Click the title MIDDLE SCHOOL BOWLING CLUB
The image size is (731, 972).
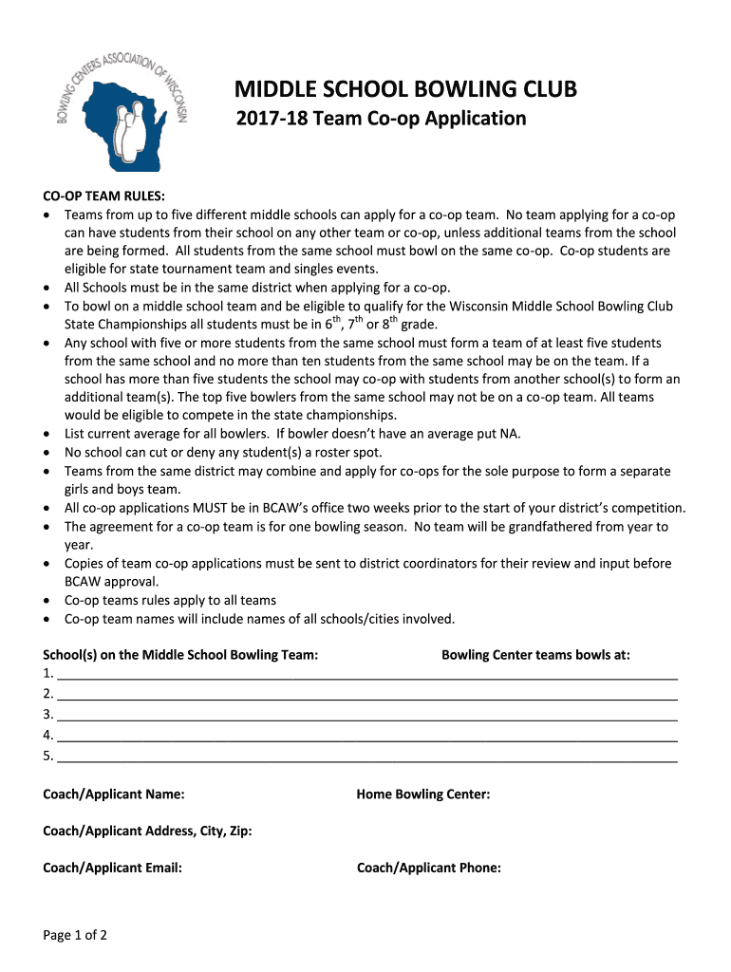click(405, 90)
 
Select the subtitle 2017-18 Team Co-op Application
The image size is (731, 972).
click(380, 119)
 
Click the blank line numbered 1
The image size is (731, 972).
click(366, 675)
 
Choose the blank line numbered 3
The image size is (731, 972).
click(366, 716)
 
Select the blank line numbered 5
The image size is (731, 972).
click(366, 757)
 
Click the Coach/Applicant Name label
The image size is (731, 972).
click(114, 794)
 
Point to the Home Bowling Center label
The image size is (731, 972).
click(423, 794)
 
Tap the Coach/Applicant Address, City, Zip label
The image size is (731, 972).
click(147, 831)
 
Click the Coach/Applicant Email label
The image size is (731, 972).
click(113, 867)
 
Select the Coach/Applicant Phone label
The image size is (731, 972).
click(429, 867)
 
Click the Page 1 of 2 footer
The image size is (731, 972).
click(75, 935)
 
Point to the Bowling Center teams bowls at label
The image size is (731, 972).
click(535, 655)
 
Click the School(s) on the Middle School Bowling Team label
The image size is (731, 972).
click(180, 655)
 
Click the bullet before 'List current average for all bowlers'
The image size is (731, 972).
click(48, 435)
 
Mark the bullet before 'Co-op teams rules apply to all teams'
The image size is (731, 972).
click(48, 601)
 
